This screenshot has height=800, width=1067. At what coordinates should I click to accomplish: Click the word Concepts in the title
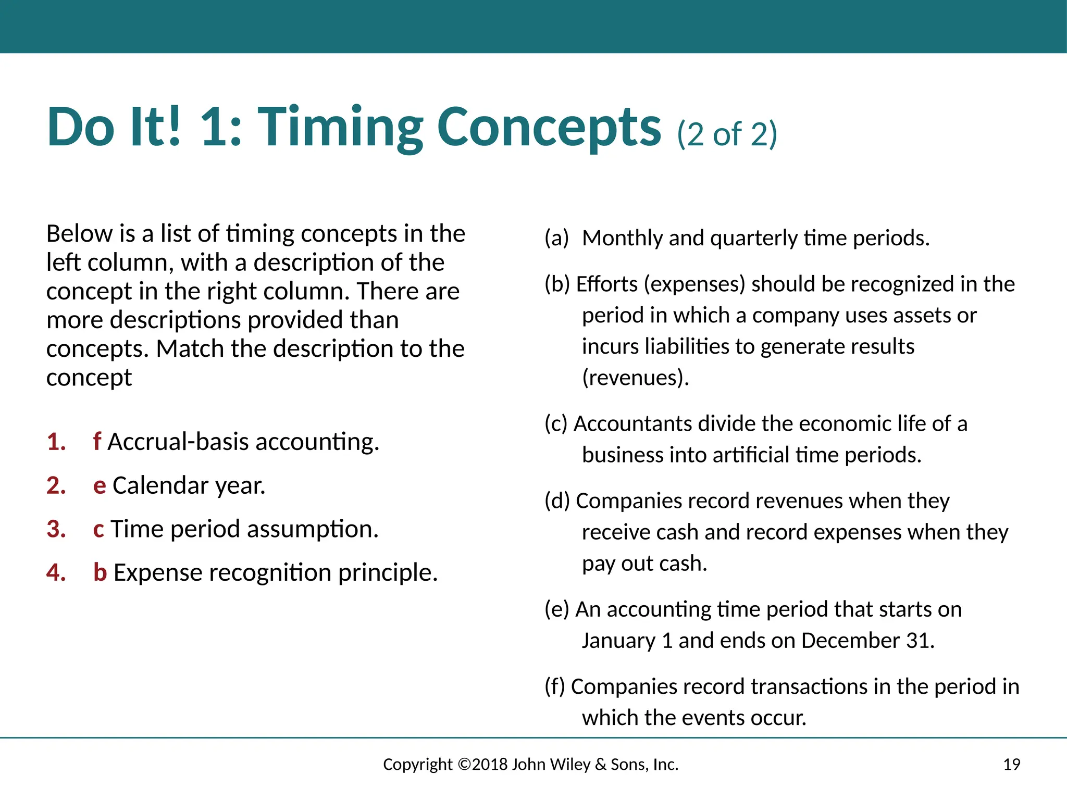coord(549,128)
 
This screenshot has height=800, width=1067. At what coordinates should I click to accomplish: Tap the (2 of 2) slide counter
coord(727,134)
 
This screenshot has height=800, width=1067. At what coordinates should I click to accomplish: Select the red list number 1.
coord(56,442)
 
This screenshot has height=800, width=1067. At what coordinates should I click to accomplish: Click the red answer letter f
coord(97,442)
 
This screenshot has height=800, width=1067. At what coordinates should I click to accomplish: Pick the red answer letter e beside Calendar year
coord(100,486)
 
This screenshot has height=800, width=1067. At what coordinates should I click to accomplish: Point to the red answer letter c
coord(98,529)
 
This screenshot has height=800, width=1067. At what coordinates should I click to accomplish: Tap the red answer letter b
coord(100,573)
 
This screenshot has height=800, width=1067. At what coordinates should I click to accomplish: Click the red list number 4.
coord(56,573)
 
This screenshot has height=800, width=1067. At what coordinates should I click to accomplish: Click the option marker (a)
coord(556,239)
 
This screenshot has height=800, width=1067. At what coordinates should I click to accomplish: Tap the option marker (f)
coord(555,687)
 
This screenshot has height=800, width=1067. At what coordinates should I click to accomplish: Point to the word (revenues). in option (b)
coord(635,378)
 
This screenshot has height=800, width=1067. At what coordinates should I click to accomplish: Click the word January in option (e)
coord(618,641)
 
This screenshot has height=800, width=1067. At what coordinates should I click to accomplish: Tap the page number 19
coord(1011,765)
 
